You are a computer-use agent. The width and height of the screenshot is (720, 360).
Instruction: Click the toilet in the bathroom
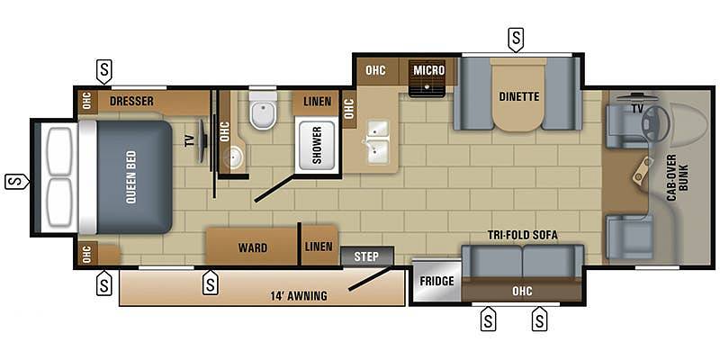click(x=263, y=110)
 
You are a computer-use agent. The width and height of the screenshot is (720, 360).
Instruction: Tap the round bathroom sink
click(x=233, y=157)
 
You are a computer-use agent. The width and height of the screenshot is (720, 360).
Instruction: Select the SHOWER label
click(x=317, y=145)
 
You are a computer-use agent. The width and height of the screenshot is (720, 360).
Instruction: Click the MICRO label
click(x=429, y=70)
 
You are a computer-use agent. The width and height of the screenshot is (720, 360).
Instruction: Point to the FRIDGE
click(x=436, y=281)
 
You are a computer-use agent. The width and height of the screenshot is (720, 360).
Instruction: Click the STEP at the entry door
click(x=367, y=256)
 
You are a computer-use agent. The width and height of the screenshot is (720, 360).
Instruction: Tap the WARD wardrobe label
click(x=253, y=248)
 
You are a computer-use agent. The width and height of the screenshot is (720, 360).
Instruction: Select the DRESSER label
click(x=131, y=101)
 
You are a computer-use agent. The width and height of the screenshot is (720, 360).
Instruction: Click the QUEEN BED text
click(x=130, y=176)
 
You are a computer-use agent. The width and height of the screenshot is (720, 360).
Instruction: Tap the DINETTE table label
click(x=519, y=97)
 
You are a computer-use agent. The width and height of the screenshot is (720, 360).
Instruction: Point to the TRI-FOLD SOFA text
click(x=523, y=235)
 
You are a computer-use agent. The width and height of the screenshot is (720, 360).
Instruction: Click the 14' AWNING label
click(x=299, y=296)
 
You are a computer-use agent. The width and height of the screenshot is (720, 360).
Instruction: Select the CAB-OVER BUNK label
click(x=677, y=178)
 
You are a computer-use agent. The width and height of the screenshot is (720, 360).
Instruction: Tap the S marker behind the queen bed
click(x=16, y=182)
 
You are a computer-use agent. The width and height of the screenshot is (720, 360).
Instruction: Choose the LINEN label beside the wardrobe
click(x=319, y=247)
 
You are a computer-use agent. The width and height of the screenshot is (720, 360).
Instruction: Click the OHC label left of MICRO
click(x=375, y=70)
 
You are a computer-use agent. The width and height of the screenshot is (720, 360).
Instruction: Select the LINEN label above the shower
click(x=318, y=101)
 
